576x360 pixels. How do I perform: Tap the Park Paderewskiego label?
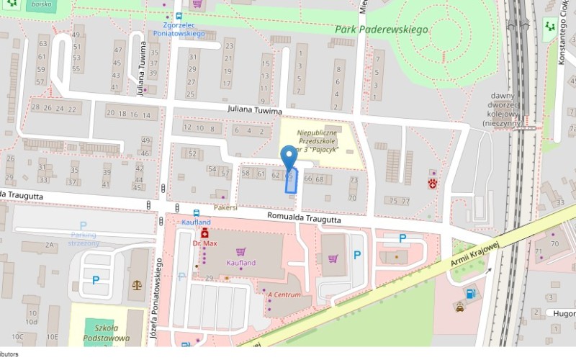pyautogui.click(x=382, y=30)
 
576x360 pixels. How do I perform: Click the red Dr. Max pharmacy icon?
pyautogui.click(x=204, y=234)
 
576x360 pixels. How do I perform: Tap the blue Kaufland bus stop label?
pyautogui.click(x=196, y=222)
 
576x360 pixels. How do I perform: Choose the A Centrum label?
pyautogui.click(x=284, y=295)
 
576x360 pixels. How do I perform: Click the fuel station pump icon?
pyautogui.click(x=470, y=293)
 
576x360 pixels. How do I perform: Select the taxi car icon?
pyautogui.click(x=459, y=307)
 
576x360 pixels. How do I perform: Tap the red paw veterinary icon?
pyautogui.click(x=432, y=184)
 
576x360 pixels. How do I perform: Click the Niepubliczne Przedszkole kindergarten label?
pyautogui.click(x=318, y=142)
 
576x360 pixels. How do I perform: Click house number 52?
pyautogui.click(x=192, y=153)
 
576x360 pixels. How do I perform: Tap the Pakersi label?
pyautogui.click(x=225, y=207)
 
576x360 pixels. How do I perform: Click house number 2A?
pyautogui.click(x=50, y=246)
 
